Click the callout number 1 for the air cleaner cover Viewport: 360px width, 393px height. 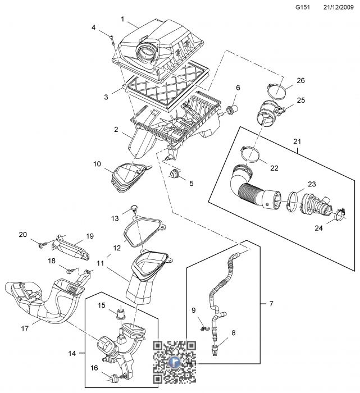[122, 19]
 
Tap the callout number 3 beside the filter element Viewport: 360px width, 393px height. [106, 97]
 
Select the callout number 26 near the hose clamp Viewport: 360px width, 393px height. [300, 80]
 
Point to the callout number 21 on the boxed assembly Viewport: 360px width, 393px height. [297, 140]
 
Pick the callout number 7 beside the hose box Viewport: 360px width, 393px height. [271, 304]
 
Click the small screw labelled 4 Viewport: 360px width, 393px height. [113, 39]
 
